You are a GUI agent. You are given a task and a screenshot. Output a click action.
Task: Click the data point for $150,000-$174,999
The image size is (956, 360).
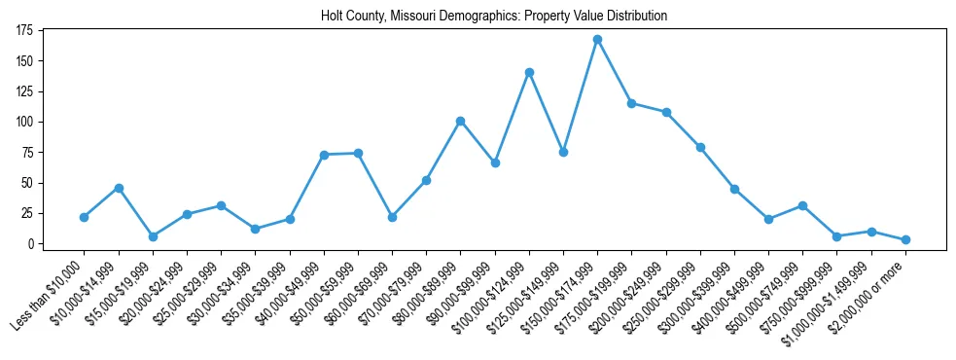click(x=597, y=39)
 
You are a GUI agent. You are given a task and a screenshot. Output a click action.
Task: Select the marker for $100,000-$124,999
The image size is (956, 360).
click(x=529, y=72)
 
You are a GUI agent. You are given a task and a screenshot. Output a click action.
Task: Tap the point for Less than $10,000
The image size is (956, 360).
click(x=84, y=217)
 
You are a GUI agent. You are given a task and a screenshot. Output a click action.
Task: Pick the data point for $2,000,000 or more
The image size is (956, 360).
click(x=905, y=239)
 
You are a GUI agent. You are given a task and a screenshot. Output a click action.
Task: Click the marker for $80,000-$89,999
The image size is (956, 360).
click(x=460, y=121)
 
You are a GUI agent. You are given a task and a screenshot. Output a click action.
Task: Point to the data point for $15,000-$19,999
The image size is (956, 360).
click(x=153, y=236)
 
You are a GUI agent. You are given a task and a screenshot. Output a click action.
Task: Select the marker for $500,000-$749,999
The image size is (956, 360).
click(x=802, y=205)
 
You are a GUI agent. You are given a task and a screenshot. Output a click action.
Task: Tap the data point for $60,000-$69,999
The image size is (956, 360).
click(x=392, y=217)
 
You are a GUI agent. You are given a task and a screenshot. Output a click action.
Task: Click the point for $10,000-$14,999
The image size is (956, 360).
click(x=119, y=187)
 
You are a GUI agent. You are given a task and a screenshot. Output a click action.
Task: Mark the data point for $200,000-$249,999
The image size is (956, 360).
click(x=666, y=112)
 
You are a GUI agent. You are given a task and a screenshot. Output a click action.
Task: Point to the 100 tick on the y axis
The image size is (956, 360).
click(x=25, y=122)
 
